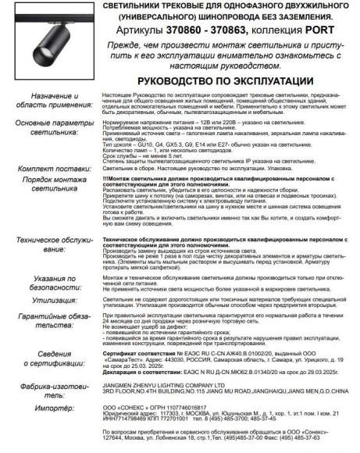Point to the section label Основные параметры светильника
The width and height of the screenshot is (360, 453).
pyautogui.click(x=48, y=128)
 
